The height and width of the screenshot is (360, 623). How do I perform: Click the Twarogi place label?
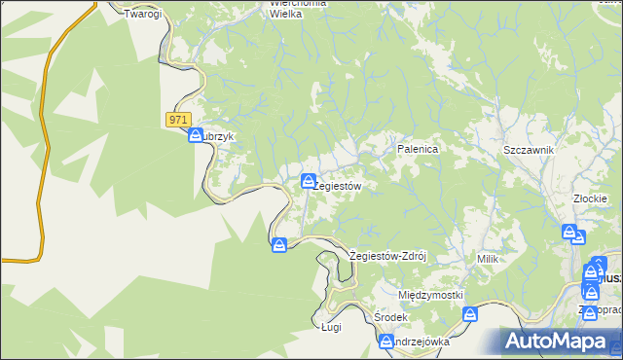tap(142, 14)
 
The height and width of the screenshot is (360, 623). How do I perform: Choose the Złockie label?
tap(591, 198)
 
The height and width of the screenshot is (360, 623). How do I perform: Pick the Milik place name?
tap(488, 259)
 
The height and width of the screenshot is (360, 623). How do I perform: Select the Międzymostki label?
tap(430, 295)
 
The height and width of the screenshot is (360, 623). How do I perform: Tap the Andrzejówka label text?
tap(421, 342)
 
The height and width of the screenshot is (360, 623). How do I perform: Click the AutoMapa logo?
tap(561, 342)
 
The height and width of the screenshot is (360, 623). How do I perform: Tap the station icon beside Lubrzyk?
tap(196, 135)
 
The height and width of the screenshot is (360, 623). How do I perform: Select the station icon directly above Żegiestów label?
tap(309, 180)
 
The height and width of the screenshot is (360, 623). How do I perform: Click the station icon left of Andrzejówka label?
tap(385, 342)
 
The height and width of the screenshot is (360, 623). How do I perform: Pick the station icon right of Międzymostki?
tap(471, 314)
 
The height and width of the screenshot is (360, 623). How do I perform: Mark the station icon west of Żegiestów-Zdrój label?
tap(279, 244)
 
